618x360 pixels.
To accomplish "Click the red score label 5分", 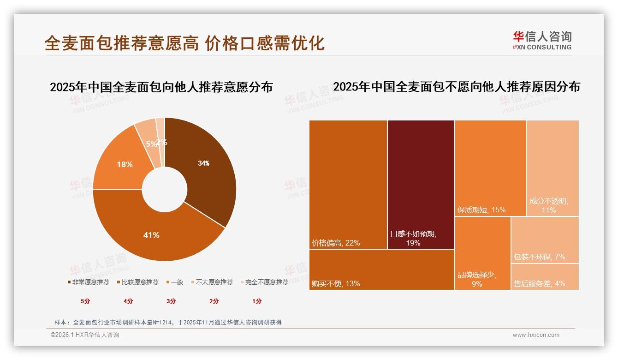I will click(x=85, y=301).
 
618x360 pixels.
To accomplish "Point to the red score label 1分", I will click(x=257, y=301).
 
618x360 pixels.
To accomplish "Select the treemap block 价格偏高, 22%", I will click(x=348, y=185).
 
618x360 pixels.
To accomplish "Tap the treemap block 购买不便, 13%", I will click(x=381, y=270).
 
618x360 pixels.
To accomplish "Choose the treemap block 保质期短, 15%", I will click(x=490, y=168).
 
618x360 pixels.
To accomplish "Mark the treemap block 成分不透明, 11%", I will click(x=553, y=168).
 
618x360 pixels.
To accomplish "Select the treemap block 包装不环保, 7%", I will click(x=545, y=240).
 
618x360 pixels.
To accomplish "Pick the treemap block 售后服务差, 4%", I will click(x=545, y=277).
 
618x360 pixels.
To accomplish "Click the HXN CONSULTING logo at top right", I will click(x=542, y=40).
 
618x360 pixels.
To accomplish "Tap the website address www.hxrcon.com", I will click(x=536, y=335).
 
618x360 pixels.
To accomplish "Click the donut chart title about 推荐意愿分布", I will click(x=161, y=87).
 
